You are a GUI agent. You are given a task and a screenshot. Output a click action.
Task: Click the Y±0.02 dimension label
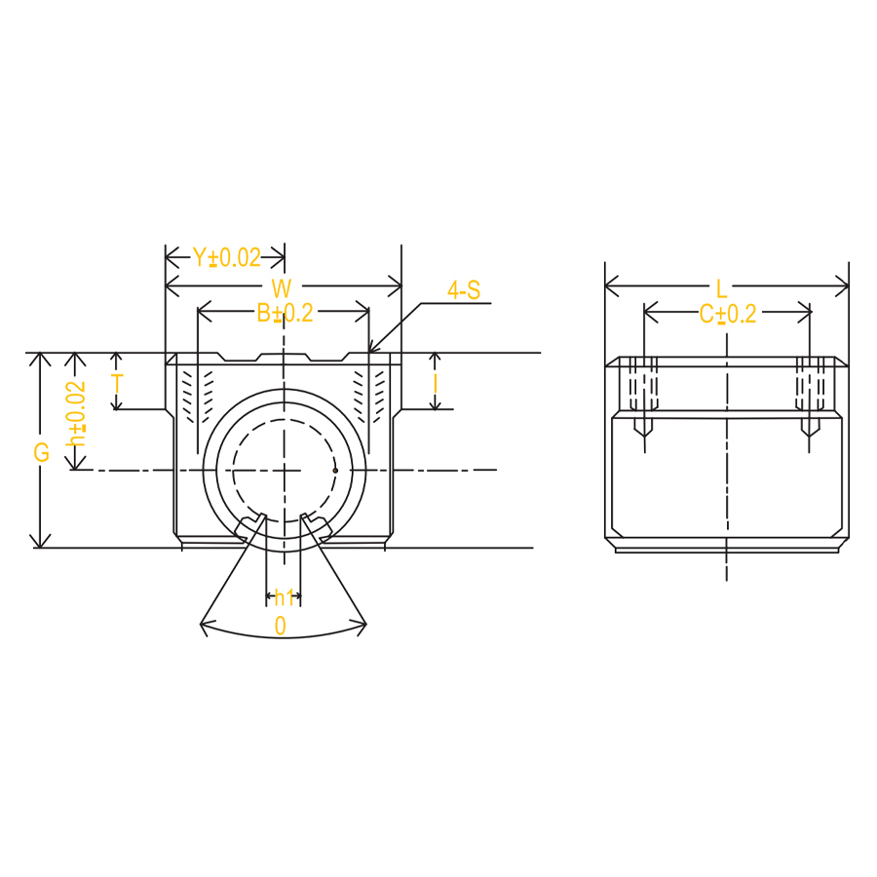227,258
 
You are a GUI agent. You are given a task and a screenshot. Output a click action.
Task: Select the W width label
282,288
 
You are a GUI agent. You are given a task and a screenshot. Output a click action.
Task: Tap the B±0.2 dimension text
285,313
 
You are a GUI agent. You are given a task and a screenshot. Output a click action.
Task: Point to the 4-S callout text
464,290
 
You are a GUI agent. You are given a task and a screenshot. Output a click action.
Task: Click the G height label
42,452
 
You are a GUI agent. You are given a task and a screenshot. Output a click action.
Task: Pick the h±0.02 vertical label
76,413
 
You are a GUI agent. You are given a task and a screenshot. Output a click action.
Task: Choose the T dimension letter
118,384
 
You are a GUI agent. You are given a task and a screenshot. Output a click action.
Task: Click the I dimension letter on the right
436,384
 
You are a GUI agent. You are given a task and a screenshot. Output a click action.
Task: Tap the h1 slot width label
285,598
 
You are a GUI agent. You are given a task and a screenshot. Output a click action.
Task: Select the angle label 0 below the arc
281,626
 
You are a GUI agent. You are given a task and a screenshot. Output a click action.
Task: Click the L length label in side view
721,289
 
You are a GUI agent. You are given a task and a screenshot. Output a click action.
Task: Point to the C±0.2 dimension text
728,315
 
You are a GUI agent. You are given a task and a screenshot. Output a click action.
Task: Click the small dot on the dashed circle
335,471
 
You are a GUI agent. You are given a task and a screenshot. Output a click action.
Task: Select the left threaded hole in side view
644,397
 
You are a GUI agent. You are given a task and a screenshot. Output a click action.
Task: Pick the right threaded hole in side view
810,397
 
